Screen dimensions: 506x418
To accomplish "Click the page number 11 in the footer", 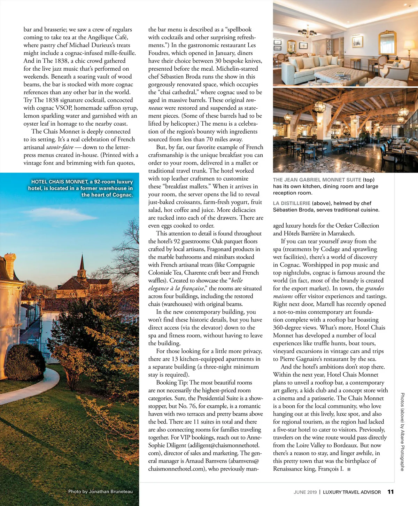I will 390,492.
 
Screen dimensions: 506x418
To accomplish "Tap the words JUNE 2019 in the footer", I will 305,492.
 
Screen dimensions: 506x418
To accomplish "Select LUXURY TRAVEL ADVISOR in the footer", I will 352,492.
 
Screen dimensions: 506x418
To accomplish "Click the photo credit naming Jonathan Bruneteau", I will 100,491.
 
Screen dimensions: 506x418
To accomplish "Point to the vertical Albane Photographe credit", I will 402,432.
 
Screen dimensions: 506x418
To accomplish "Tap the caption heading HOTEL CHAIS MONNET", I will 59,182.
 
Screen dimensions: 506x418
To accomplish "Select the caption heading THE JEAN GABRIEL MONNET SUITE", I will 317,180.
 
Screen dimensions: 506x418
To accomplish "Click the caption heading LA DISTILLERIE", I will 292,203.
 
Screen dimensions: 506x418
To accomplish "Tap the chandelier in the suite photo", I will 308,32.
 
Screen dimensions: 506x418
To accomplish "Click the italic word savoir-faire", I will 60,147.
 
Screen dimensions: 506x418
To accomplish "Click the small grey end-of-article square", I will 349,469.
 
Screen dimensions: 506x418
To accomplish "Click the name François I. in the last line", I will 331,469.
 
